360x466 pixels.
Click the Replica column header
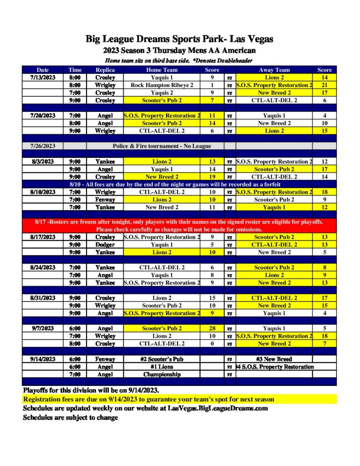tap(105, 70)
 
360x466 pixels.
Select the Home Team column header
tap(162, 70)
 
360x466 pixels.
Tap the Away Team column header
tap(274, 70)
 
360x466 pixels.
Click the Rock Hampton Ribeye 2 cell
tap(162, 85)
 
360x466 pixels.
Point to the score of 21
tap(324, 85)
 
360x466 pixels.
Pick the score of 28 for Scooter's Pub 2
tap(212, 328)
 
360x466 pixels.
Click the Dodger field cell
tap(105, 245)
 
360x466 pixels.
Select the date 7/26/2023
tap(43, 146)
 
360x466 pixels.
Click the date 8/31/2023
tap(43, 298)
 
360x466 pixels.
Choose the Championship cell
tap(162, 374)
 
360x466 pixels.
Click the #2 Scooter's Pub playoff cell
tap(162, 359)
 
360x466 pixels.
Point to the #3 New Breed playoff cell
tap(274, 359)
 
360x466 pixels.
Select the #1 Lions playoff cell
tap(162, 367)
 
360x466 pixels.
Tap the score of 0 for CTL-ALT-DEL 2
tap(212, 344)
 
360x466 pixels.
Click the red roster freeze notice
tap(179, 226)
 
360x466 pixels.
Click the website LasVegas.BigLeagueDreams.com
tap(218, 408)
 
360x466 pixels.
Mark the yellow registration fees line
tap(148, 400)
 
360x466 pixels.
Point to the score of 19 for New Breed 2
tap(212, 177)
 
